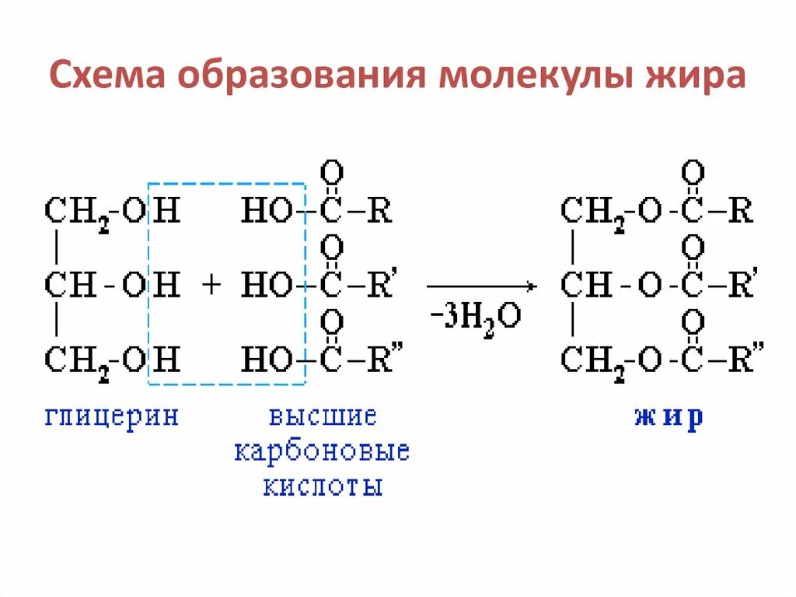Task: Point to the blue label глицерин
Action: click(x=112, y=416)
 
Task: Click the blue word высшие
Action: click(x=323, y=416)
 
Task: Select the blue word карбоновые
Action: click(x=322, y=451)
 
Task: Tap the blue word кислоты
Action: click(x=323, y=486)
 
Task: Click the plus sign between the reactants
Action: click(x=211, y=286)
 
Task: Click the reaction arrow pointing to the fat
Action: click(x=481, y=286)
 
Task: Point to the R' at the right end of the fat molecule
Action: click(x=742, y=286)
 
